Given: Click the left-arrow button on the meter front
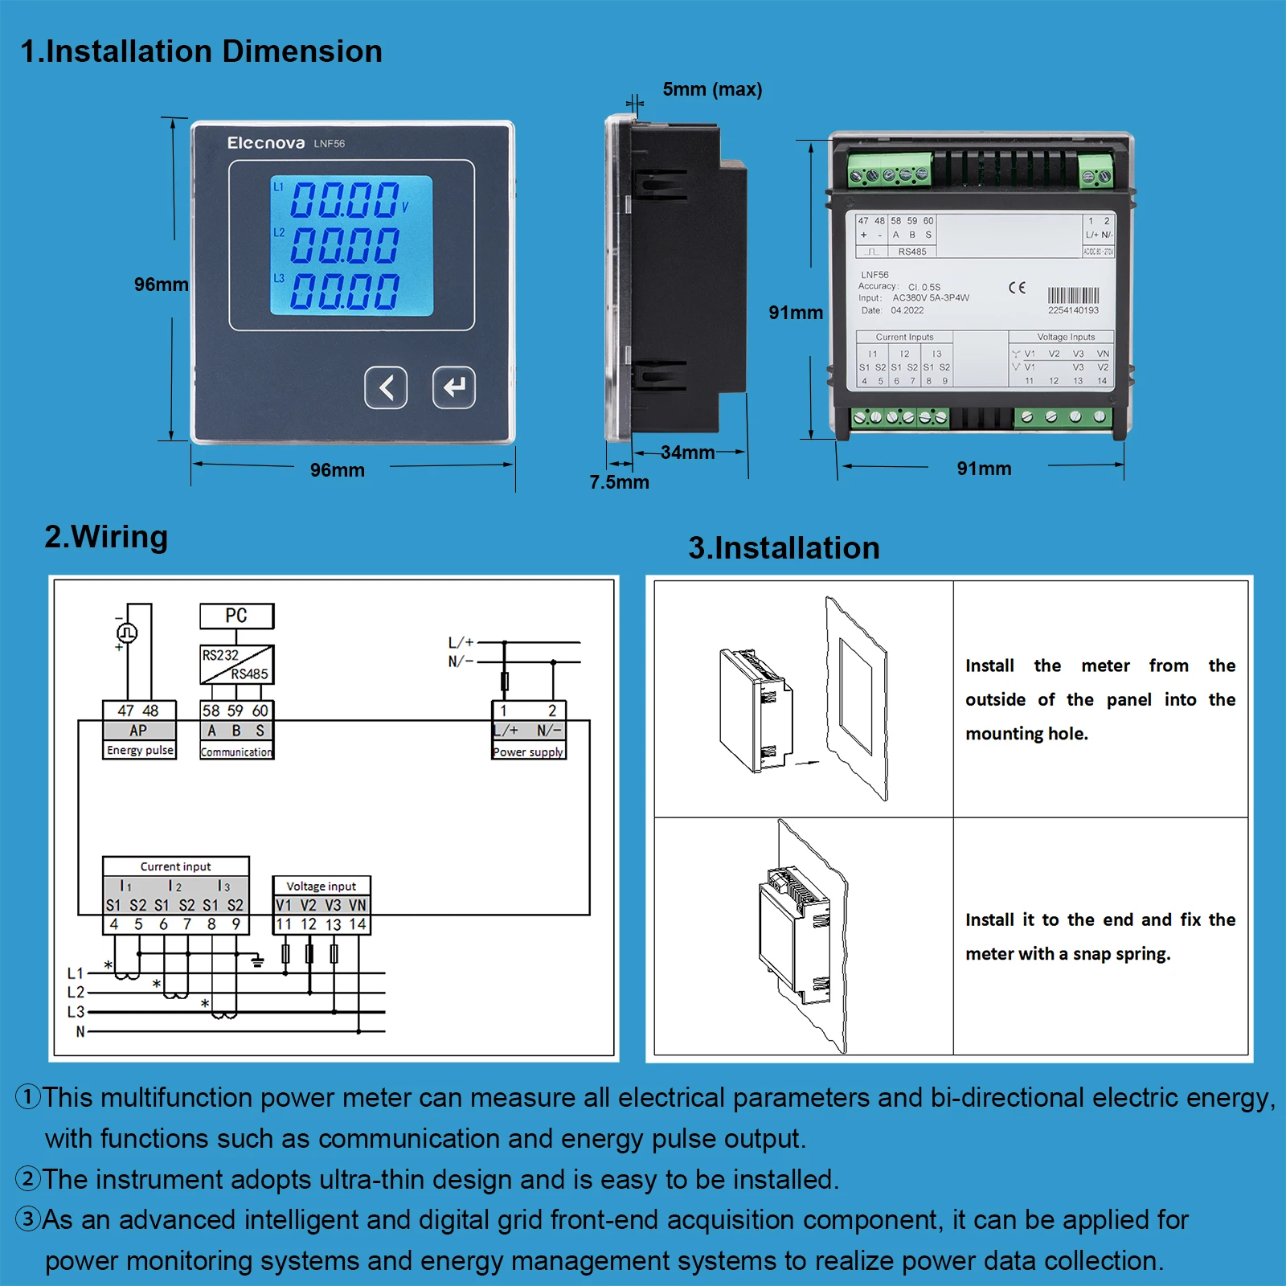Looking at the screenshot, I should click(x=386, y=387).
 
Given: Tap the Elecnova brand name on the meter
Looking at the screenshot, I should click(x=265, y=143).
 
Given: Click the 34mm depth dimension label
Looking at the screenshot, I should click(x=687, y=453).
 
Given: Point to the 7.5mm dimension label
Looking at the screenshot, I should click(x=619, y=482).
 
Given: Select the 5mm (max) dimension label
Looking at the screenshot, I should click(x=712, y=89).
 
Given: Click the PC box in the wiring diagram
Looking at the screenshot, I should click(x=236, y=616).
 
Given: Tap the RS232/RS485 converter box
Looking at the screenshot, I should click(x=236, y=665).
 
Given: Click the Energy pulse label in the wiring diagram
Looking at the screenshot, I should click(x=140, y=750).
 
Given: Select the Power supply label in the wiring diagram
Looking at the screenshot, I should click(x=528, y=752).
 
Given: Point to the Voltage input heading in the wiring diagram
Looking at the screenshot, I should click(x=321, y=886).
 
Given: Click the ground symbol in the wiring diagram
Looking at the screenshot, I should click(x=257, y=961).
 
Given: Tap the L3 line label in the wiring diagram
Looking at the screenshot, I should click(x=76, y=1012).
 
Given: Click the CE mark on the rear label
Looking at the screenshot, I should click(x=1017, y=288).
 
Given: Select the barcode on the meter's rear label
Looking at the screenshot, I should click(x=1073, y=296).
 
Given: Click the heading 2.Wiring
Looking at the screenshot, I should click(x=106, y=537).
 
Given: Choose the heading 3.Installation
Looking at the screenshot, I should click(x=784, y=548).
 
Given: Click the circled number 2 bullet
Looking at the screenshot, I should click(x=28, y=1179).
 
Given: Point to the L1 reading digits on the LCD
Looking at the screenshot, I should click(x=344, y=200).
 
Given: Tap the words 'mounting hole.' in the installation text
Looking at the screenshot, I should click(x=1026, y=734).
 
